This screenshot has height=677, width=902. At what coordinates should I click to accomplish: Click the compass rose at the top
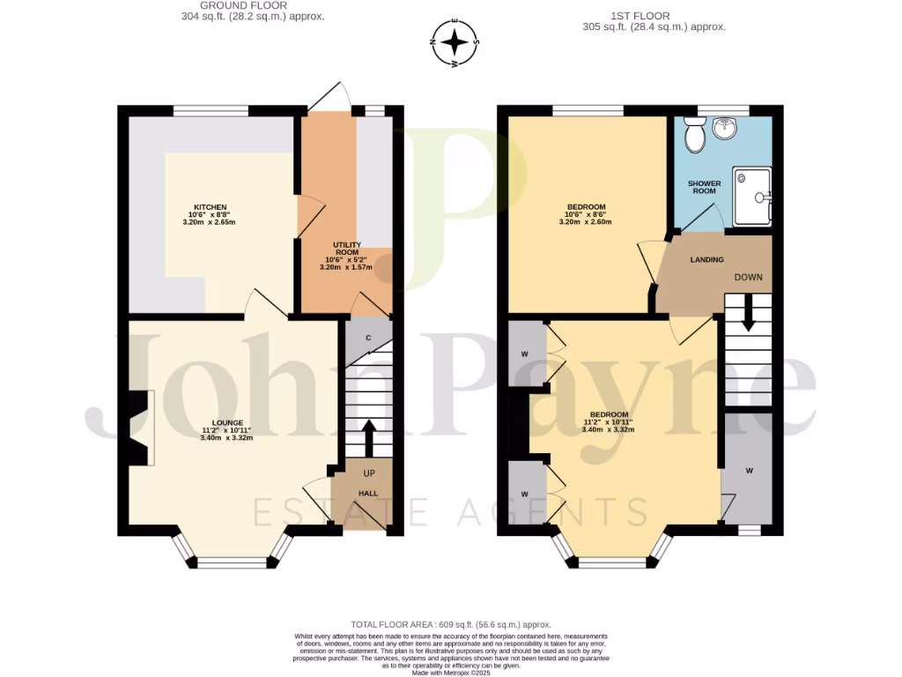(455, 42)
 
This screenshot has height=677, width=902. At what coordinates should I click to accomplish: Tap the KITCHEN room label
(211, 207)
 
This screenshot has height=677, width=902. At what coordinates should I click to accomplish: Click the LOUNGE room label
(226, 423)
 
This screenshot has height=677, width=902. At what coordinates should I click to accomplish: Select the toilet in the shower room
(695, 136)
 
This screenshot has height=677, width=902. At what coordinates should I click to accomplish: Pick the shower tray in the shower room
(750, 197)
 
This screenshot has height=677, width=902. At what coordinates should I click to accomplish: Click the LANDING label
(706, 260)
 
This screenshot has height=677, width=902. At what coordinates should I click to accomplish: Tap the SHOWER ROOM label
(704, 189)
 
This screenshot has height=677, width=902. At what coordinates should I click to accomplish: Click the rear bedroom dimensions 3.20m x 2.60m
(585, 222)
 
